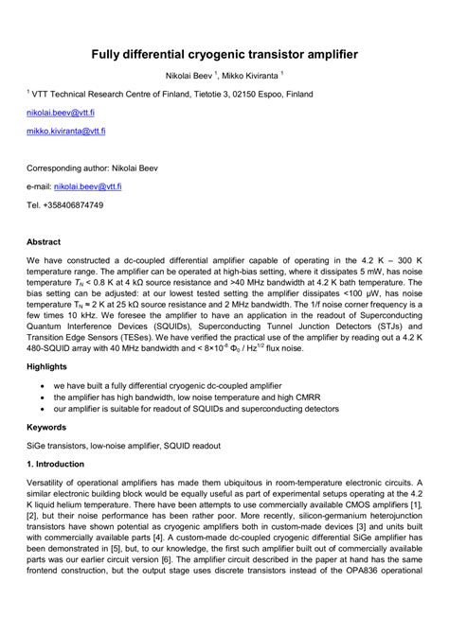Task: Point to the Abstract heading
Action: click(45, 241)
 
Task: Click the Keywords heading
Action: click(46, 427)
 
